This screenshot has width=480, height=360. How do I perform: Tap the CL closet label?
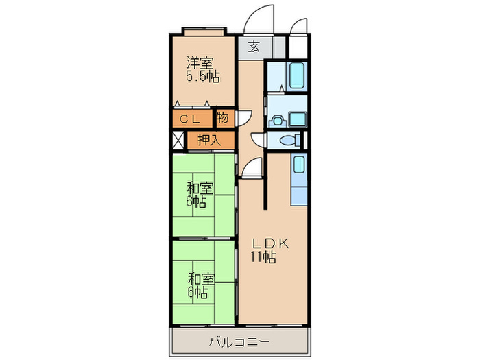coord(189,119)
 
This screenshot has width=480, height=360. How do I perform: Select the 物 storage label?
coord(222,117)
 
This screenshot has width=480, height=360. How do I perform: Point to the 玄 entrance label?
coord(253,47)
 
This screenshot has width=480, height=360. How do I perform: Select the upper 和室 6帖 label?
coord(200,194)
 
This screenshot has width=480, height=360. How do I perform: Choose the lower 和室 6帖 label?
coord(200,286)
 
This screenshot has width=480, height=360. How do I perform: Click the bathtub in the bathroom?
coord(297,75)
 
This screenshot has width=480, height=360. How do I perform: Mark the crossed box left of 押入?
coord(178,140)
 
